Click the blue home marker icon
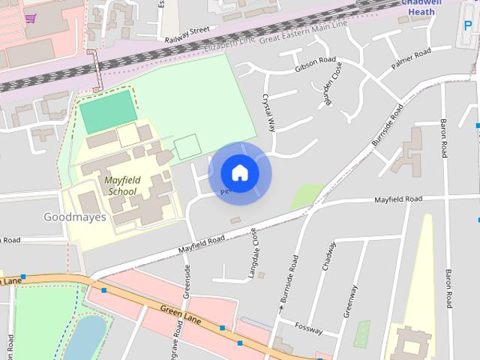pos(239,173)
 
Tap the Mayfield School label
pos(120,185)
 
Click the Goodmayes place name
pos(75,217)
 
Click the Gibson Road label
pos(315,65)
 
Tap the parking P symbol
pos(469,37)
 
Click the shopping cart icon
pos(30,18)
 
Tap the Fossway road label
pos(308,328)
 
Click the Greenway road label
pos(350,301)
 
